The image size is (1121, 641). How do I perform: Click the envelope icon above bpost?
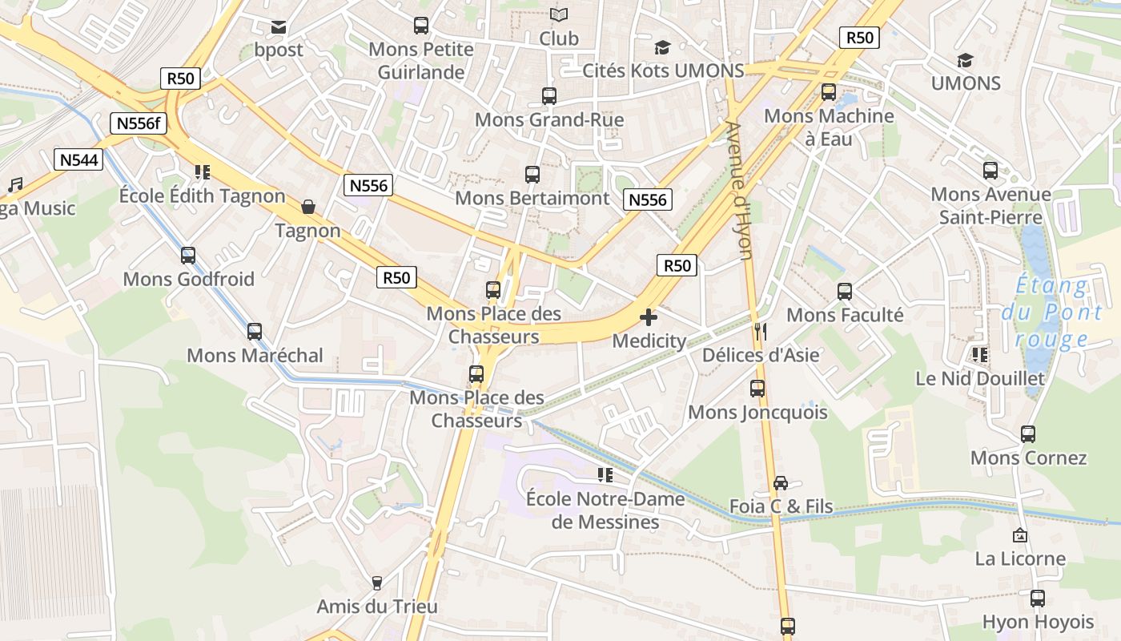coord(279,27)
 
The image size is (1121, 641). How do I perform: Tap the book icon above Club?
coord(559,15)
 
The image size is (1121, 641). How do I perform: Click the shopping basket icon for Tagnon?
coord(308,208)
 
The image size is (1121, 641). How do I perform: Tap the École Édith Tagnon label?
coord(202,196)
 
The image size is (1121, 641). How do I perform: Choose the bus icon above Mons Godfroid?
coord(188,256)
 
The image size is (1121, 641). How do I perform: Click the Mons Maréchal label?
coord(255,355)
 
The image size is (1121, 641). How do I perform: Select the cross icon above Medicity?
coord(649,317)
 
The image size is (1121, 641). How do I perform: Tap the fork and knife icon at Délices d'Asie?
coord(760,331)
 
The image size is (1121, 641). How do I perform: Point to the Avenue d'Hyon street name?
coord(740,190)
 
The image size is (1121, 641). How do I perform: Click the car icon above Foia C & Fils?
coord(781,482)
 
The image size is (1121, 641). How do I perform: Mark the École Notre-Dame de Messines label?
coord(605,510)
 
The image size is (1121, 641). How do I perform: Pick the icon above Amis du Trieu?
coord(377,583)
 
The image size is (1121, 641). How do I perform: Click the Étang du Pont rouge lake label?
coord(1051,312)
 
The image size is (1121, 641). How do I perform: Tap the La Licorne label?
coord(1020,558)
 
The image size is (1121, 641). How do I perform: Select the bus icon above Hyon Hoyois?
coord(1038,598)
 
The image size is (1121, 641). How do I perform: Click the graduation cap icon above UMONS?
coord(965,60)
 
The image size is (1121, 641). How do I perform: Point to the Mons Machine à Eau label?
coord(829,127)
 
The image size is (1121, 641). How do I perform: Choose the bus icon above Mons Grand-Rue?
coord(549,96)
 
